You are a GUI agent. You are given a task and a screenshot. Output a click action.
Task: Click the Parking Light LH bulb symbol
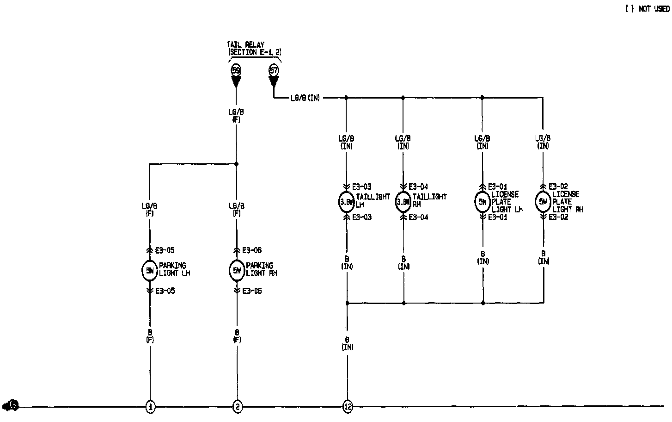click(x=150, y=271)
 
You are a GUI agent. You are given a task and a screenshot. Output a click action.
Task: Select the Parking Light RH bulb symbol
click(x=237, y=271)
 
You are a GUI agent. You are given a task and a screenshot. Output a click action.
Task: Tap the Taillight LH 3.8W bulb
click(x=346, y=202)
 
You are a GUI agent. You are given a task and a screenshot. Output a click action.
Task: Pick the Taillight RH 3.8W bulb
click(x=403, y=202)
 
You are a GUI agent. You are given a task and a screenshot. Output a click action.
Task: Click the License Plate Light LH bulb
click(x=483, y=202)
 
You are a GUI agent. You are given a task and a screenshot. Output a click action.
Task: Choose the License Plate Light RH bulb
click(x=543, y=202)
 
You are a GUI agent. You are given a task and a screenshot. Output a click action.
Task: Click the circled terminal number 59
click(x=236, y=70)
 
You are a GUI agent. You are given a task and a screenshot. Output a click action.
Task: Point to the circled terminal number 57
click(x=274, y=70)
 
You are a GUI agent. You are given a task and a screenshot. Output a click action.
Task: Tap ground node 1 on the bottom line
click(x=150, y=407)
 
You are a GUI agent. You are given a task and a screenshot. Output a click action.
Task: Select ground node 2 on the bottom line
click(x=237, y=407)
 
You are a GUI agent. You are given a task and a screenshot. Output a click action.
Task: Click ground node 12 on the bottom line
click(x=348, y=407)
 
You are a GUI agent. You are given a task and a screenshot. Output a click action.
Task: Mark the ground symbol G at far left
click(x=11, y=406)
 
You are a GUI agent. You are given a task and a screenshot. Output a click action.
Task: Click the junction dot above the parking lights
click(x=236, y=164)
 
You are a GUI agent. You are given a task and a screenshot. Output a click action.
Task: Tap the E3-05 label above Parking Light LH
click(x=165, y=250)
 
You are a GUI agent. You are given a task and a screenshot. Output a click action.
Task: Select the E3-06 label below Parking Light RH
click(x=251, y=291)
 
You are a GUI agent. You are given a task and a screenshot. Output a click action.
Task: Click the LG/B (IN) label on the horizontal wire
click(x=305, y=98)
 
